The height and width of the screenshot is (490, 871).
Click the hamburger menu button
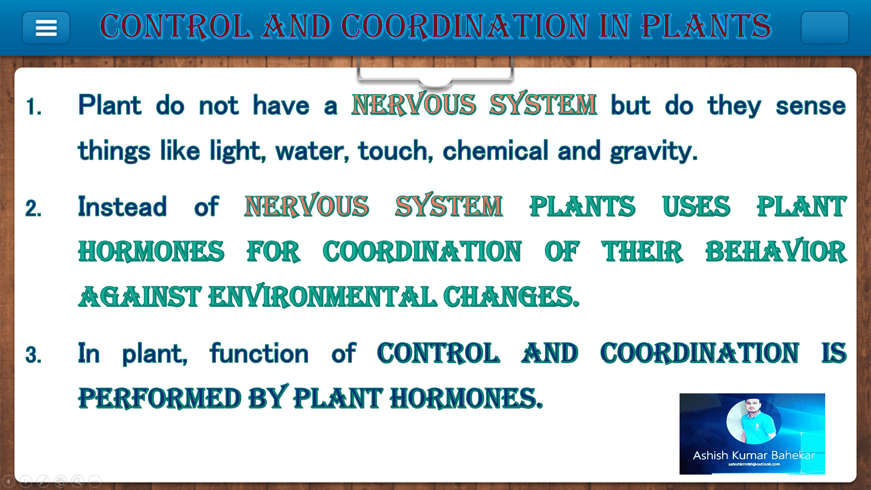click(x=46, y=28)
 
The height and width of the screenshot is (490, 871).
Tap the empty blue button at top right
click(x=825, y=28)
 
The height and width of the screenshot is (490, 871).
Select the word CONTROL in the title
click(x=176, y=26)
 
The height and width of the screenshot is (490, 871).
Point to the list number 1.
click(x=34, y=107)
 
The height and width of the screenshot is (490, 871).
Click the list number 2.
click(x=34, y=209)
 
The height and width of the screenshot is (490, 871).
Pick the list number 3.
click(x=34, y=355)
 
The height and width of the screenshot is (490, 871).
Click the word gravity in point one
click(x=654, y=151)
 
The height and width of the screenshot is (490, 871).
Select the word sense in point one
click(x=811, y=106)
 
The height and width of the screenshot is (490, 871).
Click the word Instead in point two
click(x=122, y=207)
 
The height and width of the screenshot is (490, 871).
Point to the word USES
click(x=696, y=207)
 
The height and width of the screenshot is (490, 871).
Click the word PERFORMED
click(x=159, y=398)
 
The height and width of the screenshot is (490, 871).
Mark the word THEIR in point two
click(x=642, y=251)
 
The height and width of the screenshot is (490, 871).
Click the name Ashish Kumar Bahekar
click(x=754, y=455)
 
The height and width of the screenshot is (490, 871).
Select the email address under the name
click(x=754, y=464)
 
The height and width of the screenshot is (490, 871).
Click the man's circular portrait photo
click(x=754, y=421)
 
